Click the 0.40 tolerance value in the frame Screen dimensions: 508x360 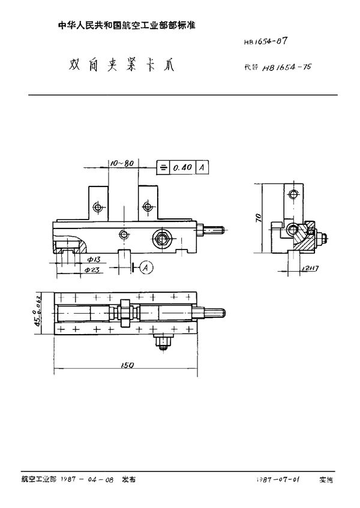tap(182, 168)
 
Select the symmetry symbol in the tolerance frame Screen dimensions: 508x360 tap(162, 168)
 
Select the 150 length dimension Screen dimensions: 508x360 tap(127, 365)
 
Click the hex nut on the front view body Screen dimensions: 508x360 tap(161, 238)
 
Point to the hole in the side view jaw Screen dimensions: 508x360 tap(292, 194)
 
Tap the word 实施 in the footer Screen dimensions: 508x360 tap(326, 480)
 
